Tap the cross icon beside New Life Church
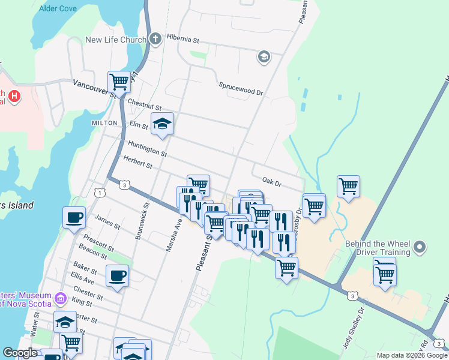[155, 40]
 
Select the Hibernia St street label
[183, 39]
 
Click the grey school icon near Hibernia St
[263, 57]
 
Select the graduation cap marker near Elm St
[161, 124]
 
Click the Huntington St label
[147, 149]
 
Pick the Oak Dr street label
[272, 181]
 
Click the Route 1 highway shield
[98, 191]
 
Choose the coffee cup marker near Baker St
[117, 276]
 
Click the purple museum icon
[60, 298]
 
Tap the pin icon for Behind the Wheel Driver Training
[420, 246]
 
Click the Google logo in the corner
[20, 353]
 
